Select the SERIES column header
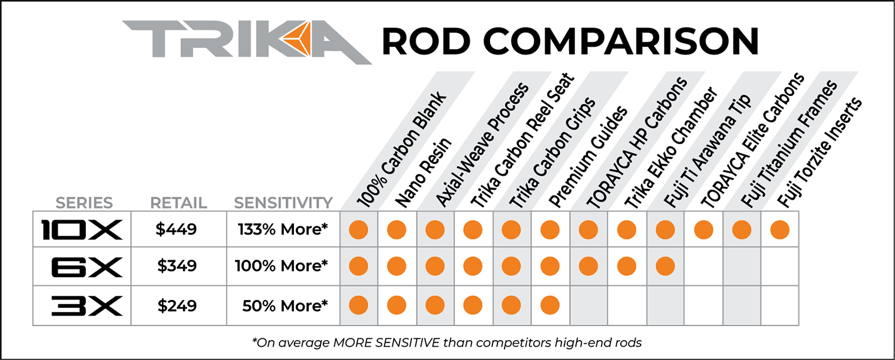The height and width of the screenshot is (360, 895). tap(83, 203)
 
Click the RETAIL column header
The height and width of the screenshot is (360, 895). tap(178, 203)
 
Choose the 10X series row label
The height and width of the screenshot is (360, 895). tap(82, 229)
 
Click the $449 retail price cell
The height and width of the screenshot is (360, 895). tap(177, 229)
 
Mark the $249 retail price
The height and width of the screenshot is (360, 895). tap(177, 306)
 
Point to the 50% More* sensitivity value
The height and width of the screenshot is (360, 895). tap(285, 306)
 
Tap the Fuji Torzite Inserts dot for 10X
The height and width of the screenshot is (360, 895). tap(779, 229)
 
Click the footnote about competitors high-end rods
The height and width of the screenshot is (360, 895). tap(447, 343)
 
